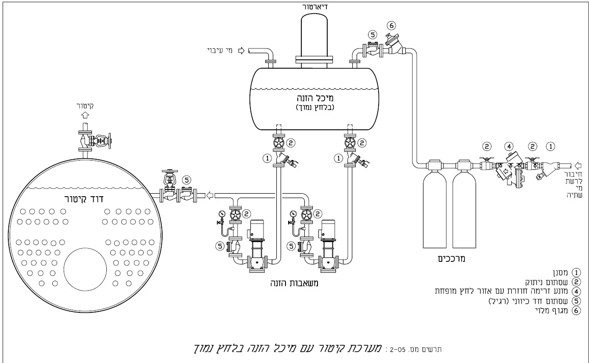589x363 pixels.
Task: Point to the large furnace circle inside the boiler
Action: [x=85, y=269]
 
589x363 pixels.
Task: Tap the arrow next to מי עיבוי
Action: [x=241, y=51]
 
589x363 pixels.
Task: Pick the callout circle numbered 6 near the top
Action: [x=392, y=26]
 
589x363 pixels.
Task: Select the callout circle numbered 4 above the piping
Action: [x=508, y=146]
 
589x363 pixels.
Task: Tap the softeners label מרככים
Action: [x=452, y=259]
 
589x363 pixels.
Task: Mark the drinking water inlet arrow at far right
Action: [x=578, y=165]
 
